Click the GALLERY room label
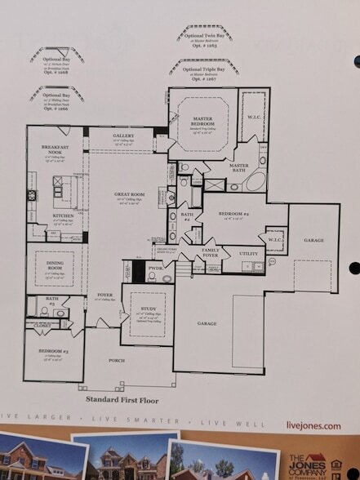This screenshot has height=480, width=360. [123, 136]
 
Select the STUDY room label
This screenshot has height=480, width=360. [148, 309]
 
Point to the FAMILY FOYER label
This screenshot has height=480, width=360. [211, 251]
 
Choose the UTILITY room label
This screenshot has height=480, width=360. [247, 254]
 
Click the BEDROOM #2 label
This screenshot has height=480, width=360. [233, 214]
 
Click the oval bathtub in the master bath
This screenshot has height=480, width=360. [254, 180]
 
